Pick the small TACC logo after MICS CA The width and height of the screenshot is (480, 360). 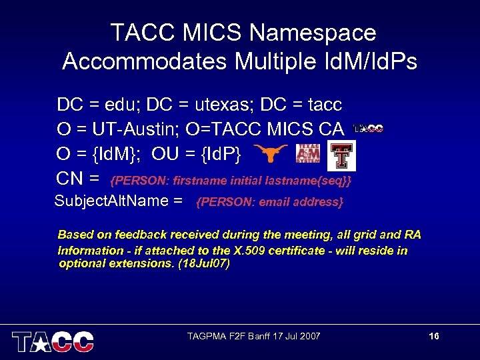pos(367,129)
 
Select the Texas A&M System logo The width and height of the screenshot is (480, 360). pos(308,153)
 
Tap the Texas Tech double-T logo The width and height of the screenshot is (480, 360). pos(341,155)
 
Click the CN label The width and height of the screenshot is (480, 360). pos(73,179)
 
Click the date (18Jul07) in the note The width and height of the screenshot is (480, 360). pos(206,264)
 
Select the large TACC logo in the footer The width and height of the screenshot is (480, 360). pos(53,341)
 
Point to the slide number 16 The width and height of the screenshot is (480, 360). pos(434,336)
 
